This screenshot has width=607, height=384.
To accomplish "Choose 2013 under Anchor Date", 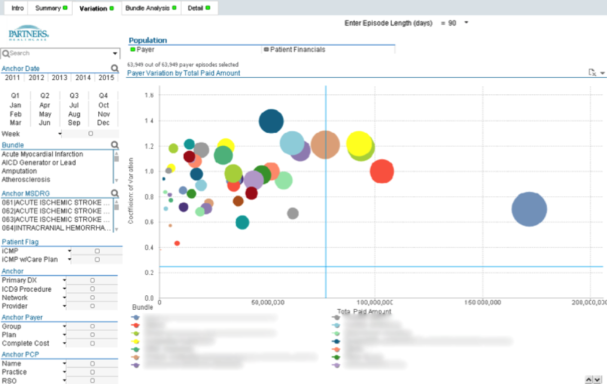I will point(60,78).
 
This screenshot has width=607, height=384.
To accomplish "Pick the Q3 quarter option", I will point(74,96).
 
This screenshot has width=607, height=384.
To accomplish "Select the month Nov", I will point(103,114).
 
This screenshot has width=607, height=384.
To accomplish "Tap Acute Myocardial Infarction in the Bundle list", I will point(42,154).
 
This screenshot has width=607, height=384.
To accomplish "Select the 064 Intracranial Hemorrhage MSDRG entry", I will point(56,228).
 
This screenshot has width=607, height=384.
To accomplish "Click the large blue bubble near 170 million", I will point(529,209).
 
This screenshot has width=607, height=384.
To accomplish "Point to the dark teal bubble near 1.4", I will point(271,121).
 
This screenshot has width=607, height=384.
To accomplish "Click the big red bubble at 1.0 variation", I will point(382,171).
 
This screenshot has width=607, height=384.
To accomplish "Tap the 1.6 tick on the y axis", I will point(149,95).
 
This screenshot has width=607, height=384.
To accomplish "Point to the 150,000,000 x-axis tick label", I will point(482,302).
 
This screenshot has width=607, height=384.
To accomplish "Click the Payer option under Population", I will point(145,50).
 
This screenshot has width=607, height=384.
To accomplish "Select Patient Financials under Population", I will point(297,50).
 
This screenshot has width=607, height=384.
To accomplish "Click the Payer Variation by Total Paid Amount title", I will point(184,73).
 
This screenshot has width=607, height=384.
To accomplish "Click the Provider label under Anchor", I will point(15,306).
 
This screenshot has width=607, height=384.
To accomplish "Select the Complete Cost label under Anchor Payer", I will point(26,343).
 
